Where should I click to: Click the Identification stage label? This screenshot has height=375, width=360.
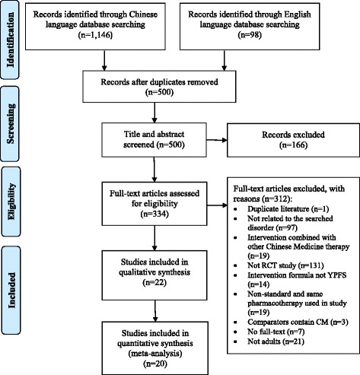click(x=12, y=37)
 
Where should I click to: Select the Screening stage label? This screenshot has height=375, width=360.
click(x=12, y=129)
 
